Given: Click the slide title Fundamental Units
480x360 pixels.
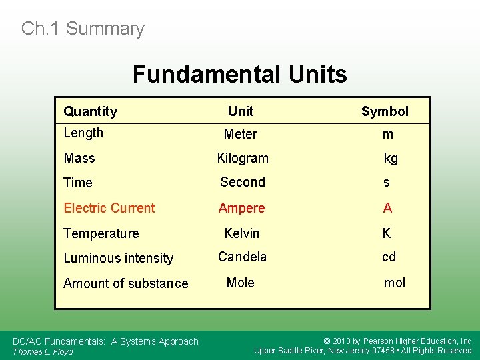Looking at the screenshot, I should [x=239, y=74].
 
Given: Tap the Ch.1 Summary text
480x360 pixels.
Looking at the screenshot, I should [x=83, y=29].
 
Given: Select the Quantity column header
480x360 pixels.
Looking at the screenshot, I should [x=90, y=111].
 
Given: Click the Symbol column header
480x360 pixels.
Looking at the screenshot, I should [x=385, y=111].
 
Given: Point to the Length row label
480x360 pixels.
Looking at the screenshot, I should [x=83, y=133].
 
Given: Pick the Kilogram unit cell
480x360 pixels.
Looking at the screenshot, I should [x=243, y=158].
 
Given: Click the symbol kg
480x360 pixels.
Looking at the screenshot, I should [x=391, y=158].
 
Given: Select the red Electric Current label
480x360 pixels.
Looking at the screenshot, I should [x=109, y=208].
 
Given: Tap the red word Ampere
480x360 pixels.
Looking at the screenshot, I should [x=241, y=208].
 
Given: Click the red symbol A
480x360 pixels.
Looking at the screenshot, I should [x=387, y=208].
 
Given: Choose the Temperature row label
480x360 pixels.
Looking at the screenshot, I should [x=101, y=233].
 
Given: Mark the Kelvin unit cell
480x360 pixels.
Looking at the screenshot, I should [x=241, y=233].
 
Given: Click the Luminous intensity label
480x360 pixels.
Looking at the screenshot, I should [x=118, y=258].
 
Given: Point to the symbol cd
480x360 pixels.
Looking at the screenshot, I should [x=389, y=257].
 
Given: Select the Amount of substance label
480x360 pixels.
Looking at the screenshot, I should [x=125, y=283].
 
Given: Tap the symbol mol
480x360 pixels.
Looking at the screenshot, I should [x=394, y=283].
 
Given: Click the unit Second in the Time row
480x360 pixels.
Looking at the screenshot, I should [x=243, y=182].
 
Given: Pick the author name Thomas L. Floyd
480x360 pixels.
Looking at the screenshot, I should [x=43, y=351].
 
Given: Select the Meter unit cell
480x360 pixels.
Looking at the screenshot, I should [x=240, y=134].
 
